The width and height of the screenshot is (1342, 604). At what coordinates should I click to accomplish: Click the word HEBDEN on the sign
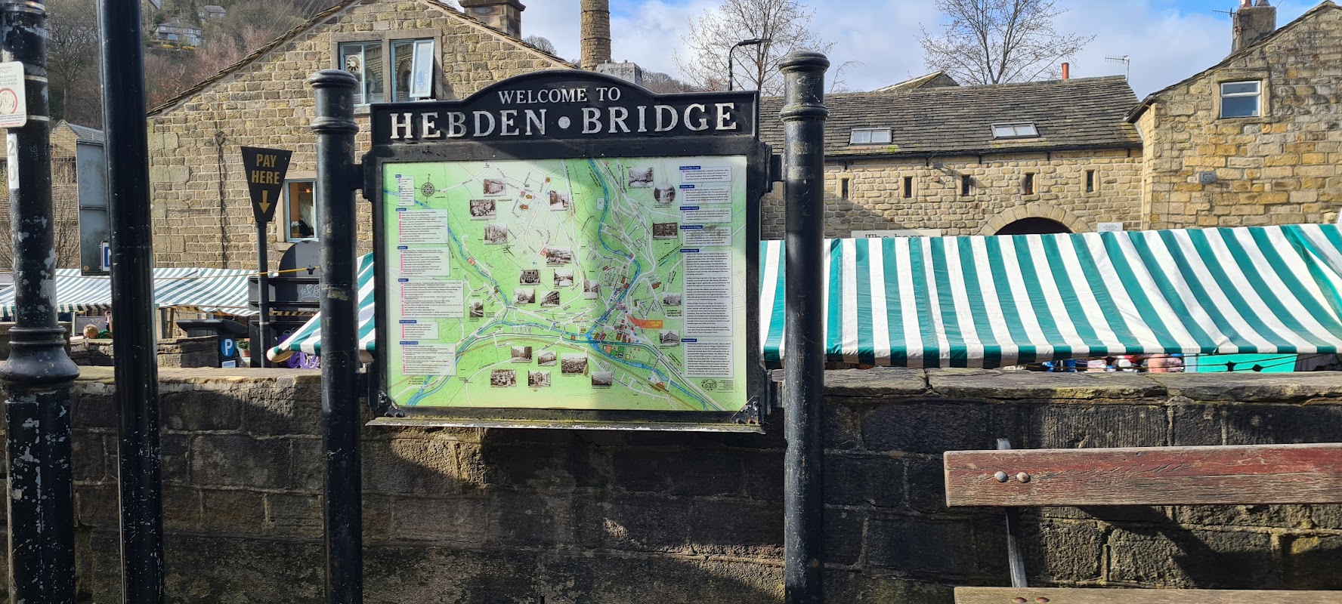465,122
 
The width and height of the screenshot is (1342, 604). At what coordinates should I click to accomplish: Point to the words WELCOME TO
559,96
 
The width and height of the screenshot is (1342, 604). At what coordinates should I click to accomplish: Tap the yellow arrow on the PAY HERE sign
264,201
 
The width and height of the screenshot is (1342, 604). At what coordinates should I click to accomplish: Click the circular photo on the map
663,193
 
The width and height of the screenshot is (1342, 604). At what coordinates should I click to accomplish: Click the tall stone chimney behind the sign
595,34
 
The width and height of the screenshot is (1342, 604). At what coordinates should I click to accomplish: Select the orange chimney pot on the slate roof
1065,72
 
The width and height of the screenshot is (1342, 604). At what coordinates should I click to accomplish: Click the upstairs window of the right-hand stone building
1240,99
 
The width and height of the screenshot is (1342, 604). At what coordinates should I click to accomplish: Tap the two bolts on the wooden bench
1010,477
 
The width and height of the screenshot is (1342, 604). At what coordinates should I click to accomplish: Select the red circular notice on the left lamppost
9,100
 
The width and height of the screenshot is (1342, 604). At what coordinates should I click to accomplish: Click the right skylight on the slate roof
1014,131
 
